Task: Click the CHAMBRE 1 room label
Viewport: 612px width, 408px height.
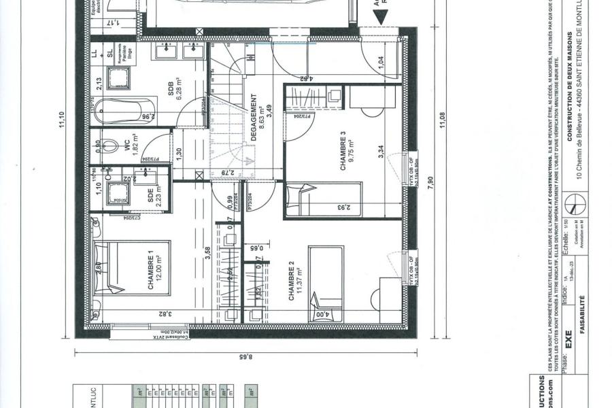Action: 151,271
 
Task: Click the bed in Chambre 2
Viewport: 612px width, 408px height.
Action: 326,283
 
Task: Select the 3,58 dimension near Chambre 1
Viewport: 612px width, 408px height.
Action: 207,254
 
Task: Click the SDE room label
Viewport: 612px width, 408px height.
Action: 150,195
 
